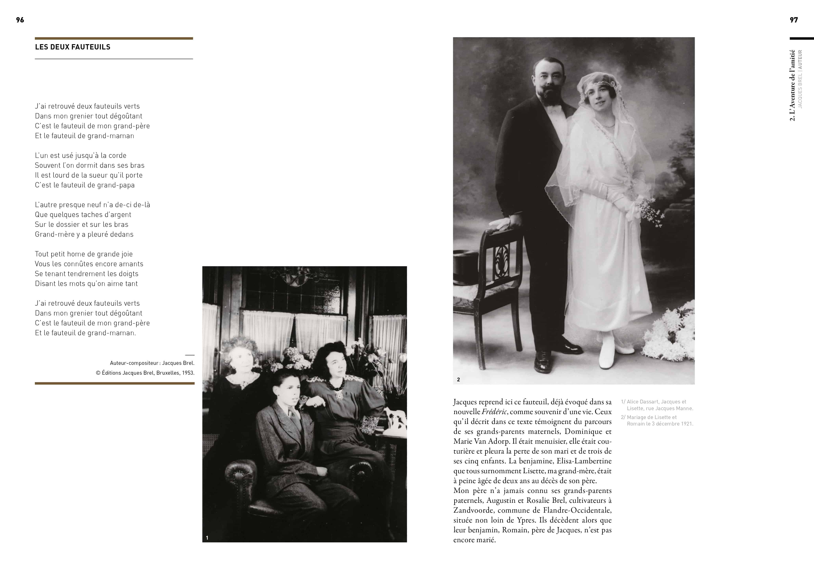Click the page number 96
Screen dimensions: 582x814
[20, 20]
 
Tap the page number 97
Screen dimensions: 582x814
[794, 20]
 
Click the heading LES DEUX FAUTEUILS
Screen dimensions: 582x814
[73, 47]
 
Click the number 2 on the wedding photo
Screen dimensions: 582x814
[459, 380]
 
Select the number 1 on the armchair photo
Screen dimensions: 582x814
[207, 538]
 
